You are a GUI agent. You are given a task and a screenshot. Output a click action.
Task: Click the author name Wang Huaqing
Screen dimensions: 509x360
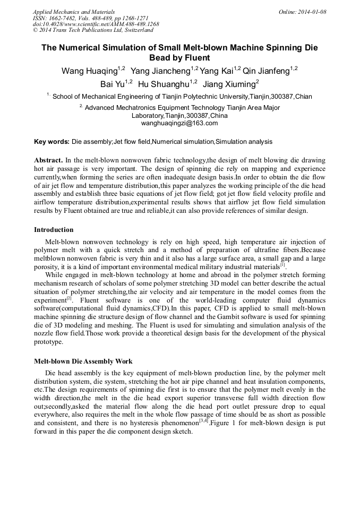pyautogui.click(x=90, y=71)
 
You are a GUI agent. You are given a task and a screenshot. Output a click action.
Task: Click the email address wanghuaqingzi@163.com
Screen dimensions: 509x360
pyautogui.click(x=179, y=123)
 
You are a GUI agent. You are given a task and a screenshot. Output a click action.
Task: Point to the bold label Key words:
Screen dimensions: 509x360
pyautogui.click(x=52, y=142)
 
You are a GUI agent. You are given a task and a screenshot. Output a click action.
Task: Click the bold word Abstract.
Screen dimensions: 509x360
pyautogui.click(x=49, y=160)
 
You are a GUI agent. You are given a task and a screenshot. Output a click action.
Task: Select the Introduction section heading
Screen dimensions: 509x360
pyautogui.click(x=54, y=230)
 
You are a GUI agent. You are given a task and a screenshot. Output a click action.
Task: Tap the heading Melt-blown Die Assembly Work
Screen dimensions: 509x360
pyautogui.click(x=83, y=361)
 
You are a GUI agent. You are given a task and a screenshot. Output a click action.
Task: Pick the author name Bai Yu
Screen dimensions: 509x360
pyautogui.click(x=112, y=84)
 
